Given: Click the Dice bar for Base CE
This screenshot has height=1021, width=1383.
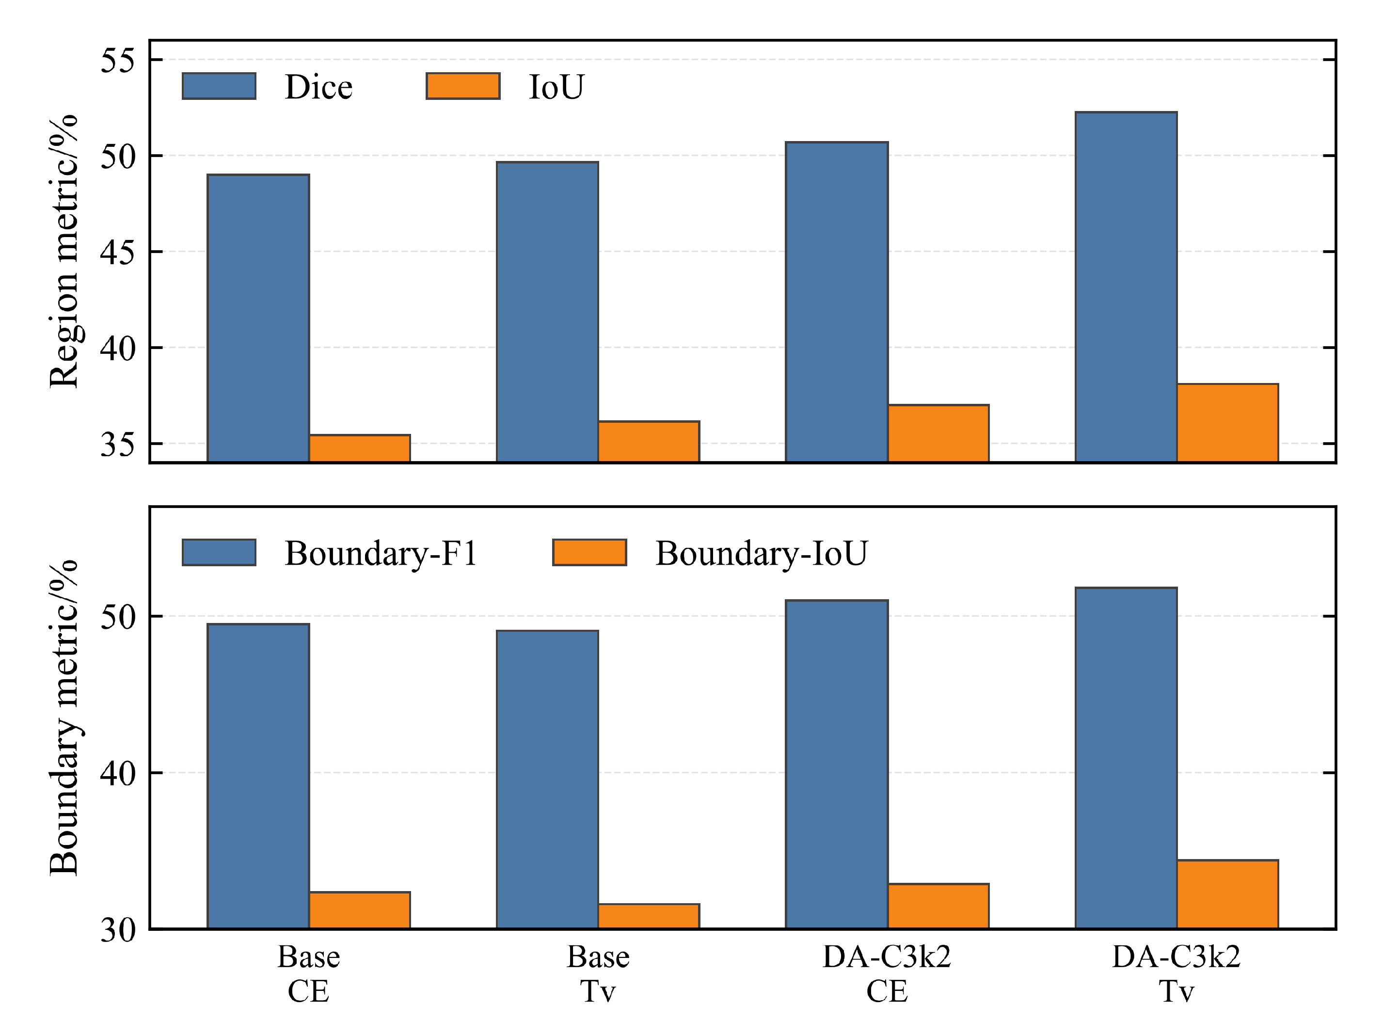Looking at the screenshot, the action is (x=258, y=319).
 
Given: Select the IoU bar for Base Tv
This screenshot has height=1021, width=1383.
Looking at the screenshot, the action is (x=649, y=441).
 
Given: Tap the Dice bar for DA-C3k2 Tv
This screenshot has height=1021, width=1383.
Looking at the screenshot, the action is (x=1126, y=287).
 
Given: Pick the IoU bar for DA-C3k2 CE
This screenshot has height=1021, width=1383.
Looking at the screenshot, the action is (x=938, y=433).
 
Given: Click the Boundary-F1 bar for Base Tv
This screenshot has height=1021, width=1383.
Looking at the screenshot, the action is (x=547, y=780).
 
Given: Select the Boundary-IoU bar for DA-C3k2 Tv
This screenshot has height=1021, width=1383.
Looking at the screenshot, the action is (x=1228, y=894).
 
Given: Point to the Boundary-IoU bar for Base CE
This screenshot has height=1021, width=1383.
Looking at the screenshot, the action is (x=360, y=910).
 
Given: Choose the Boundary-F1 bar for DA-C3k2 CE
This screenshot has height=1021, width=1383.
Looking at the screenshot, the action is (x=837, y=765).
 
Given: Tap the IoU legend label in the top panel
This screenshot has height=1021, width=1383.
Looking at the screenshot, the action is (x=556, y=86).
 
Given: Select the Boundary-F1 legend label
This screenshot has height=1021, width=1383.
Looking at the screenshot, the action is (x=381, y=553).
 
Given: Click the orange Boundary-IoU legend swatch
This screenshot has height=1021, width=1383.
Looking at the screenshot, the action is (x=589, y=553).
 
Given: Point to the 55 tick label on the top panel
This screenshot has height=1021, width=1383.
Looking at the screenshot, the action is (x=117, y=61).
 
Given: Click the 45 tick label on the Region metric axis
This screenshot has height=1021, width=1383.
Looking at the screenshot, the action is (x=117, y=252).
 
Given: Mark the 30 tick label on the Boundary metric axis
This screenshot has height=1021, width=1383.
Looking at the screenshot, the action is (x=117, y=929).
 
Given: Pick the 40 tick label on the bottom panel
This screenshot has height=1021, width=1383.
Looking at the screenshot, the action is (x=117, y=773).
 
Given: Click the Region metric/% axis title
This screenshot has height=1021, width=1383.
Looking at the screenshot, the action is (x=64, y=251).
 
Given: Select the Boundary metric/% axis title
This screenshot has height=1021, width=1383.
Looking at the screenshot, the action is (x=64, y=718).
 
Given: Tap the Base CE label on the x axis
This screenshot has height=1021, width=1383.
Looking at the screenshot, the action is (x=308, y=974).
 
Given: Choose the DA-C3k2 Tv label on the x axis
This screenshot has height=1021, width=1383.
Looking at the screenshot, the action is (x=1176, y=974).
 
